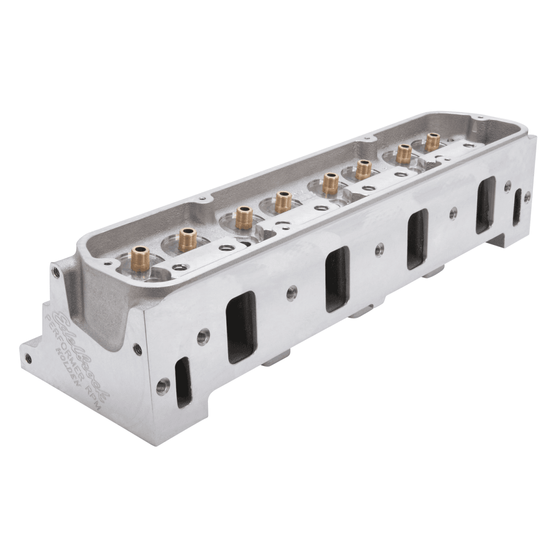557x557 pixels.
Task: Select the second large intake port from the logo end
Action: pyautogui.click(x=337, y=278)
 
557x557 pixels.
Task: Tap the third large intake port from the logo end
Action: pyautogui.click(x=417, y=238)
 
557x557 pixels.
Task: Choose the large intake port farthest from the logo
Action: pyautogui.click(x=486, y=205)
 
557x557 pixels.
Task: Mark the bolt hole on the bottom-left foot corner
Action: pyautogui.click(x=29, y=357)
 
